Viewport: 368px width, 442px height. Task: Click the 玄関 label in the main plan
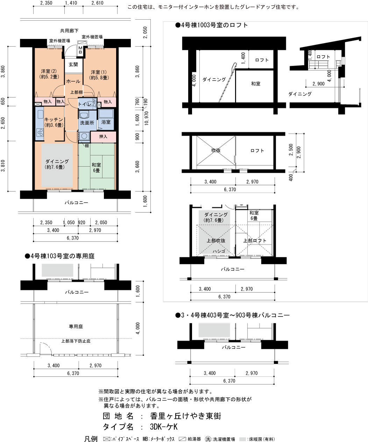pos(73,64)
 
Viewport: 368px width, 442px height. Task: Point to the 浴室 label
pos(106,122)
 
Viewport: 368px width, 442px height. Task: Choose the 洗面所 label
pos(87,123)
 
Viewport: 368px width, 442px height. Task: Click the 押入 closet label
pos(103,137)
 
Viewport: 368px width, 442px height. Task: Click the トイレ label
pos(85,104)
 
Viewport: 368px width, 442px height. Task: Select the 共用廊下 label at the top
pos(69,31)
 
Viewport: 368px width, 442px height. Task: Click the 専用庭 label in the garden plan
pos(76,326)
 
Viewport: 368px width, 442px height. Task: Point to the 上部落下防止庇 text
pos(76,341)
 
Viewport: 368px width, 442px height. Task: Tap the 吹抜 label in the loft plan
pos(216,150)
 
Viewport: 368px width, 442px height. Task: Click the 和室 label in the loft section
pos(256,84)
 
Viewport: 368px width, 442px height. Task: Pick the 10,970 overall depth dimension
pos(147,118)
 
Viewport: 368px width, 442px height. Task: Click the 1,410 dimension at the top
pos(71,3)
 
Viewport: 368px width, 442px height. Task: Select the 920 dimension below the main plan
pos(82,223)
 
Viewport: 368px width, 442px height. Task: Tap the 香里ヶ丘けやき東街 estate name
pos(186,416)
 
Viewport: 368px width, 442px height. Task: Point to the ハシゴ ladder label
pos(219,251)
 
